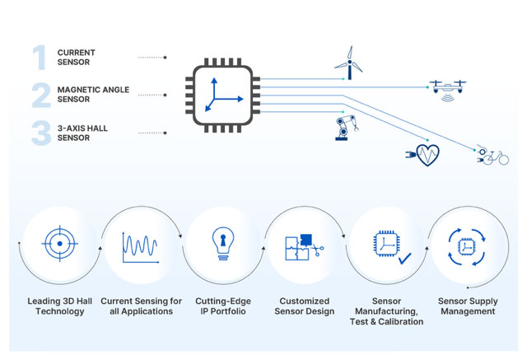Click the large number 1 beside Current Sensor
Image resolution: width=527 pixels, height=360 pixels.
coord(40,58)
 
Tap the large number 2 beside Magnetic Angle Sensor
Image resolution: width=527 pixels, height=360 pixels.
coord(41,96)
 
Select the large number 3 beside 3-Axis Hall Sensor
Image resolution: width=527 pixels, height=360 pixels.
coord(41,133)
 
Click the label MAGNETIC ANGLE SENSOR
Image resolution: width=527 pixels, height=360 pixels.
coord(93,95)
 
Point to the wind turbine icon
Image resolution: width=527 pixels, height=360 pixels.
coord(349,63)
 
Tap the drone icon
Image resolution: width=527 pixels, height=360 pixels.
coord(448,90)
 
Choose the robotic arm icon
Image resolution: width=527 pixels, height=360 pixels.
coord(346,128)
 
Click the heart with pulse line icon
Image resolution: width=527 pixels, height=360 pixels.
coord(422,155)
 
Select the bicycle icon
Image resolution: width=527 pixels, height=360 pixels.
coord(492,156)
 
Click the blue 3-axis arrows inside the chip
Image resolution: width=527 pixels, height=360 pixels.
coord(222,96)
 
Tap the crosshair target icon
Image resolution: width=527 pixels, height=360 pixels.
coord(60,244)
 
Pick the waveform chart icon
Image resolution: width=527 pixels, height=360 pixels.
coord(141,247)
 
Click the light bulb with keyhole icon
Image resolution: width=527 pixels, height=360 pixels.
coord(223,244)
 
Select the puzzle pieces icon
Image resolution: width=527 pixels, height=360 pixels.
coord(304,247)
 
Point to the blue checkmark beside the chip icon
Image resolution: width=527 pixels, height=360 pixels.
coord(404,259)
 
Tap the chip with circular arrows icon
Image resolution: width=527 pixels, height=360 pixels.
coord(467,247)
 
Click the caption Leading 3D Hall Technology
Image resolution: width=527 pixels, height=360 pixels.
coord(60,306)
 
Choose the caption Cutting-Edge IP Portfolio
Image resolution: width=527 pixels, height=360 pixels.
coord(223,306)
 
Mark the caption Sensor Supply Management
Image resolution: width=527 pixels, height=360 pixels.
coord(468,306)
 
